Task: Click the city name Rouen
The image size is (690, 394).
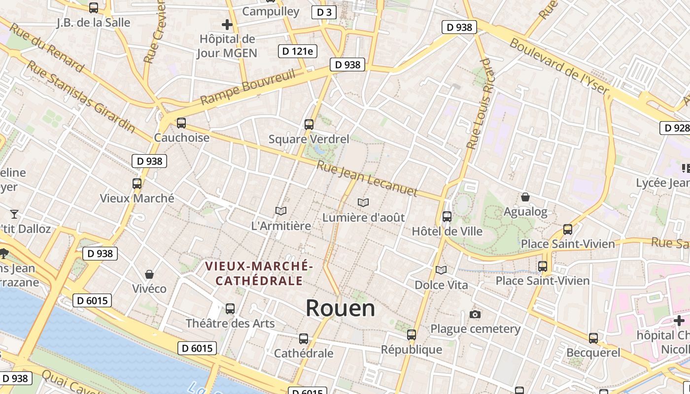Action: [340, 308]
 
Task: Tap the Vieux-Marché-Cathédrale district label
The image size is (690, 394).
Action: [258, 273]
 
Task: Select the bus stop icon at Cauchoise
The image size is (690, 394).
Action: [181, 123]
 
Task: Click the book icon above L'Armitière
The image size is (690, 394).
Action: [281, 211]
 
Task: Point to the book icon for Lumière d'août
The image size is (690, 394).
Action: [363, 202]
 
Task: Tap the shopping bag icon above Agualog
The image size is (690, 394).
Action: [525, 197]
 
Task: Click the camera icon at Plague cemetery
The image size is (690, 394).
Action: [475, 314]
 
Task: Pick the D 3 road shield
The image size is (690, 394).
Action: [324, 12]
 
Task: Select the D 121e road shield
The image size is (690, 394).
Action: [298, 51]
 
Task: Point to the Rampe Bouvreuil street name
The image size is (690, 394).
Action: [247, 88]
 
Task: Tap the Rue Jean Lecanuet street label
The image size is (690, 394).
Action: [367, 178]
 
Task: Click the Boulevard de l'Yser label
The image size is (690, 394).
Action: [559, 66]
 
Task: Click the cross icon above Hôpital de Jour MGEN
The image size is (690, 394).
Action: [227, 24]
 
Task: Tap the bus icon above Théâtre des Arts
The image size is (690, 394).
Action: [230, 309]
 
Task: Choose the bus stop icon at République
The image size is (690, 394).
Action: [412, 335]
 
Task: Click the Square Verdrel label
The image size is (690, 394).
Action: [309, 139]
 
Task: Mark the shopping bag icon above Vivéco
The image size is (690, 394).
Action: [149, 274]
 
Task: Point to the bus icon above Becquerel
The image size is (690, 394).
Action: [593, 338]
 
